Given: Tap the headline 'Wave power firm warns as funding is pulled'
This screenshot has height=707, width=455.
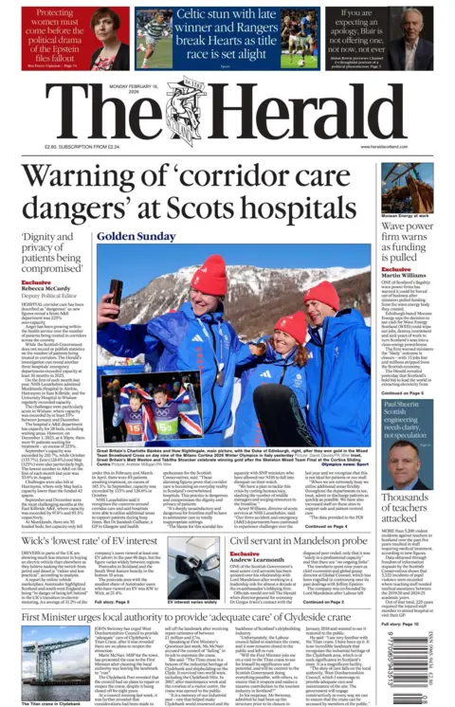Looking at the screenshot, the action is [406, 241].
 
